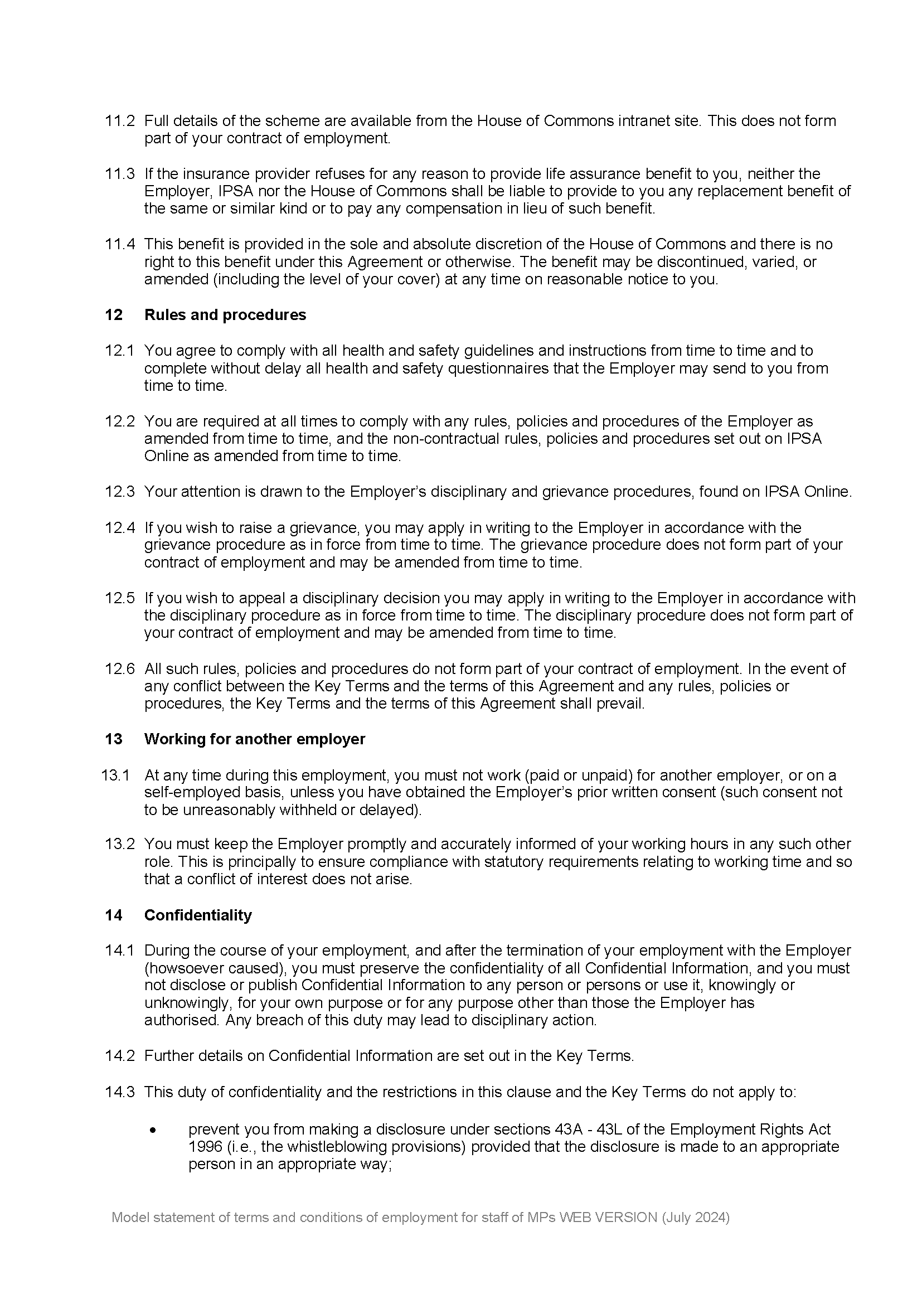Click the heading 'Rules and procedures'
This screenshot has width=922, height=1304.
tap(225, 315)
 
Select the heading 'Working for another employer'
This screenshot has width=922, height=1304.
tap(254, 739)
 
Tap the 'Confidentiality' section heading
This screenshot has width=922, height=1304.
tap(197, 915)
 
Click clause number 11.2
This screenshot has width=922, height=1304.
tap(119, 121)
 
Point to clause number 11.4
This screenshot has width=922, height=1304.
tap(119, 244)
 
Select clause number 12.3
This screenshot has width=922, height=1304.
tap(119, 492)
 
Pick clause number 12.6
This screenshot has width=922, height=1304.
tap(119, 669)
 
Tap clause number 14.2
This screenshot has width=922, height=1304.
tap(119, 1056)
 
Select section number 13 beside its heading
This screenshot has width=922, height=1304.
tap(114, 739)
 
